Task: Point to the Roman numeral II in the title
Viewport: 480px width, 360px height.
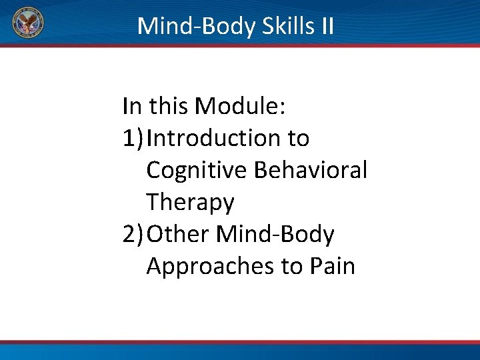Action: tap(326, 26)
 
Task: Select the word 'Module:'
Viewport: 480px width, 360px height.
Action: tap(250, 105)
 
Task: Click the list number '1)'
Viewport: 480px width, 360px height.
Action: tap(133, 138)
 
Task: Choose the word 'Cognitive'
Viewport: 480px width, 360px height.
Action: tap(197, 170)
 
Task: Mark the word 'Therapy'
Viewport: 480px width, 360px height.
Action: tap(190, 202)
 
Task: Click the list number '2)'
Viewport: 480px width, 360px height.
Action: tap(133, 234)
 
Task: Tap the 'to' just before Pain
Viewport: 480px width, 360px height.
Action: tap(292, 266)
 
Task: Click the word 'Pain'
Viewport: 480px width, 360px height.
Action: tap(333, 266)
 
